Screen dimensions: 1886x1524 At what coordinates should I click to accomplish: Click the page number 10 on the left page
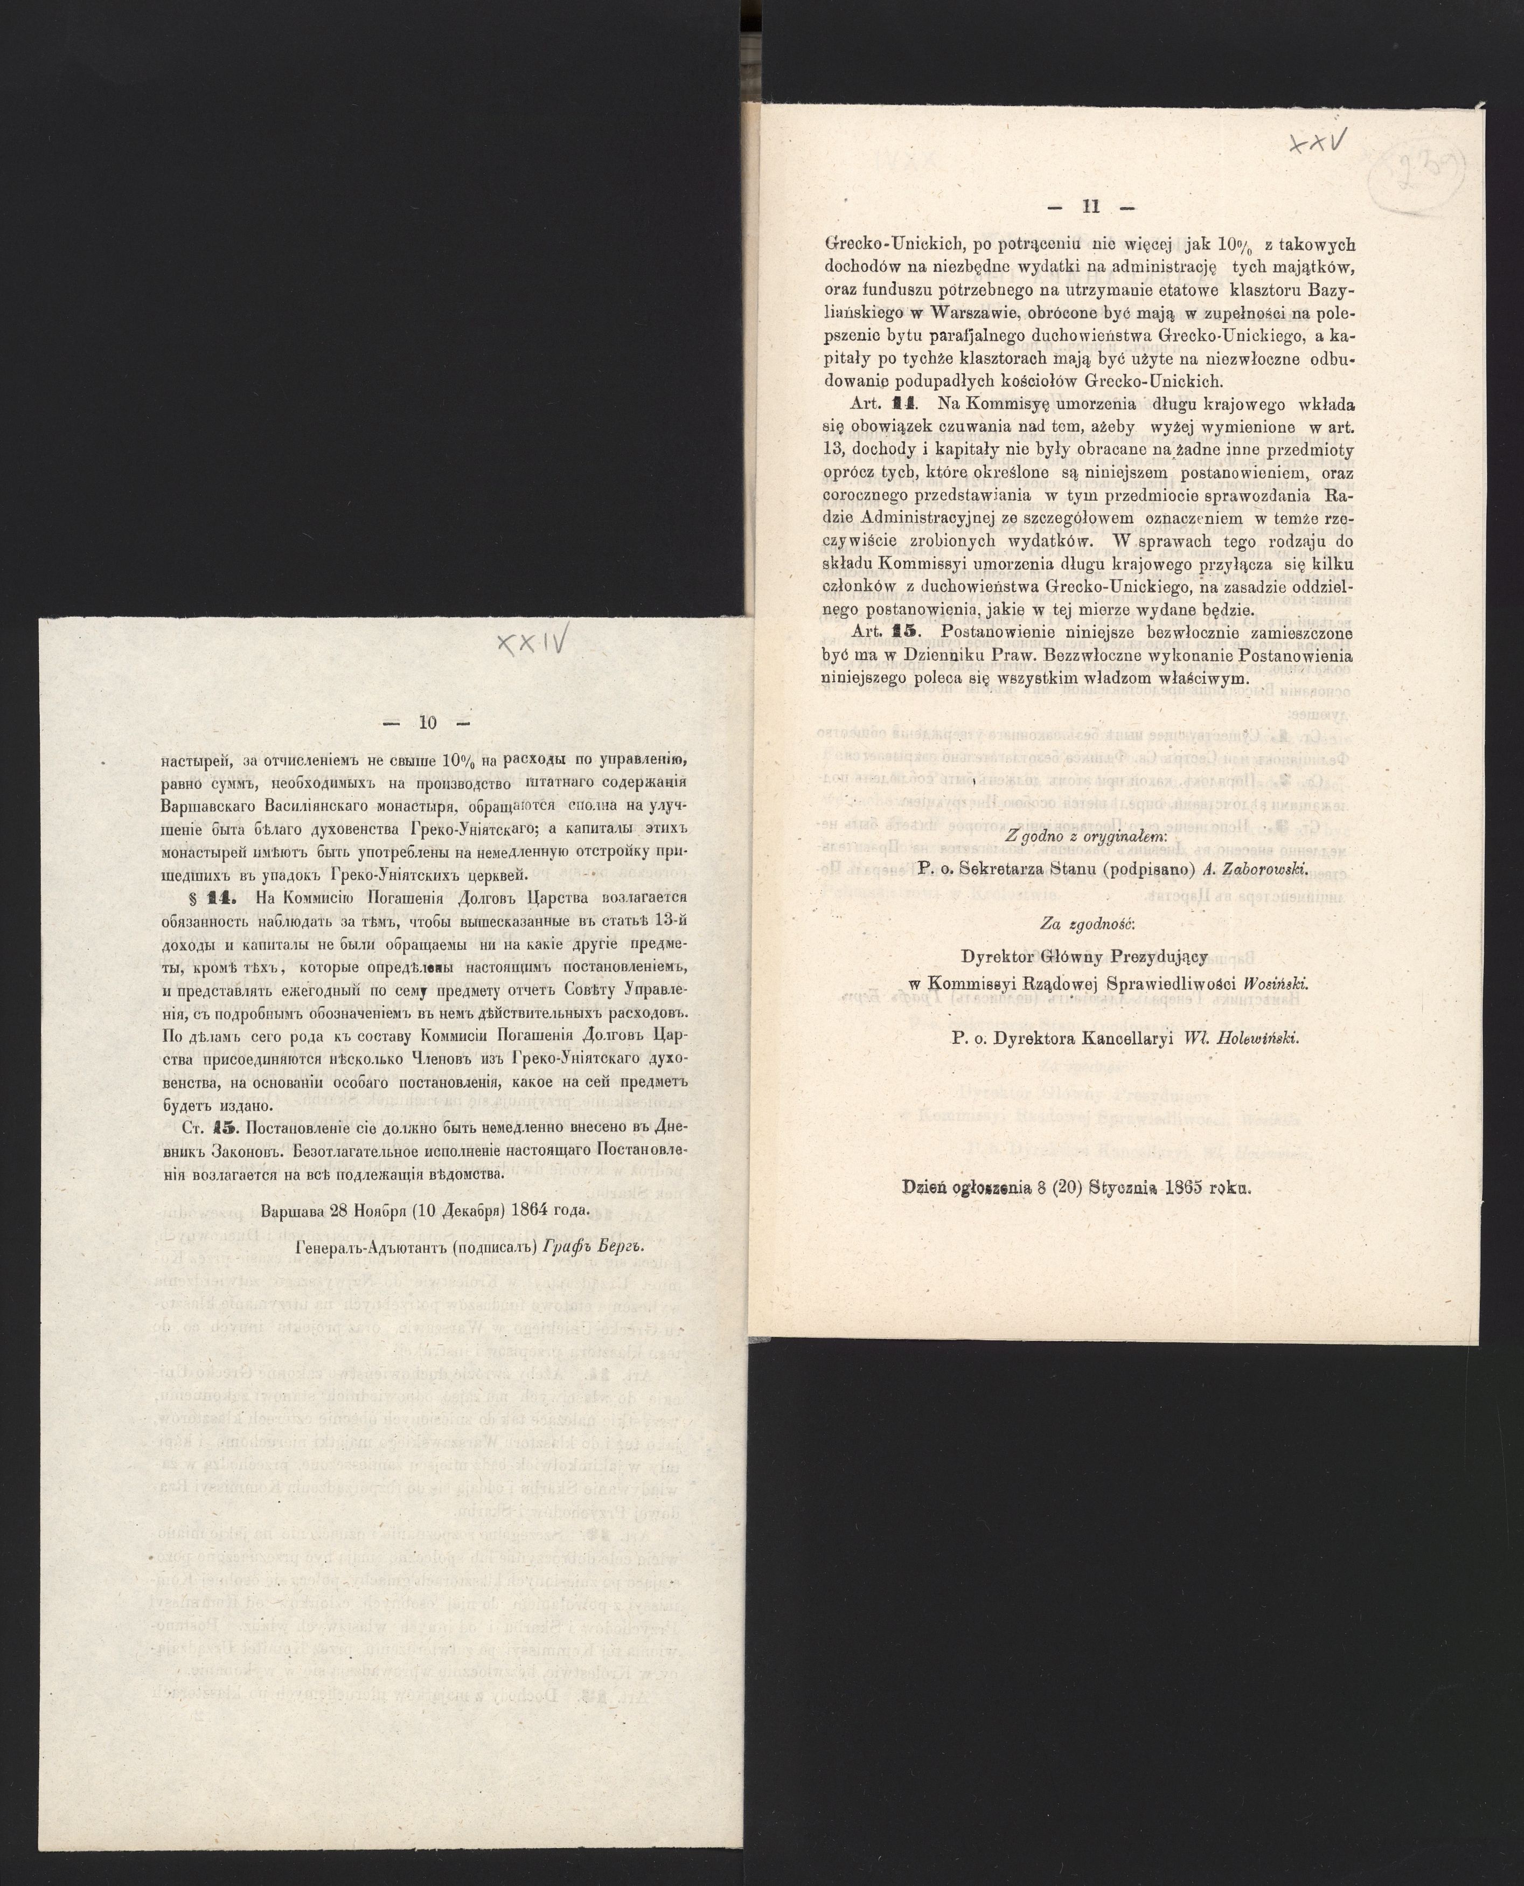(428, 724)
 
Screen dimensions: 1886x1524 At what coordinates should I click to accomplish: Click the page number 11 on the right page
(1091, 207)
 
